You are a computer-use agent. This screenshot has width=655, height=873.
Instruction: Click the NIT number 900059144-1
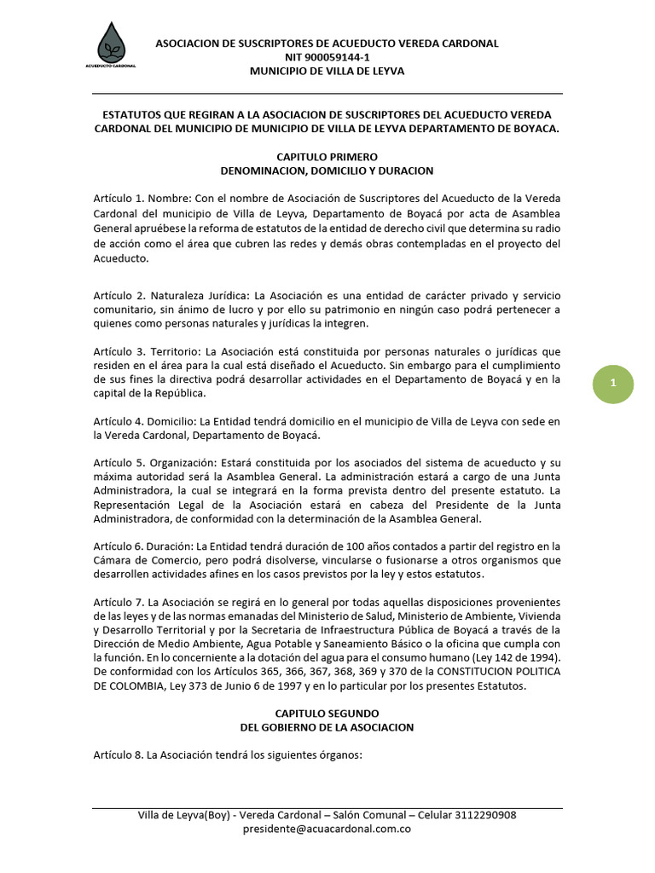(327, 57)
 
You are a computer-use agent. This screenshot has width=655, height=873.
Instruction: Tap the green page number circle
(612, 384)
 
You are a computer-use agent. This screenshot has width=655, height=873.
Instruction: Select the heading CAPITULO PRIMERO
(327, 157)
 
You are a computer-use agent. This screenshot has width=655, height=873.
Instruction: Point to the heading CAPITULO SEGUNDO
(327, 713)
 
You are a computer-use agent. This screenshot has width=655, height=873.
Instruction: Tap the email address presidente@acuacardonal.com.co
(327, 829)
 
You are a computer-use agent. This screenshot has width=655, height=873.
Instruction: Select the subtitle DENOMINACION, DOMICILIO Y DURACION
(327, 171)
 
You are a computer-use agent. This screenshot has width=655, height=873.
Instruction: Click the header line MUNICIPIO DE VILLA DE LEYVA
(327, 71)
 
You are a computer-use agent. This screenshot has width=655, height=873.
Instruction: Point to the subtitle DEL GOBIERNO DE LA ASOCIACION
(327, 727)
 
